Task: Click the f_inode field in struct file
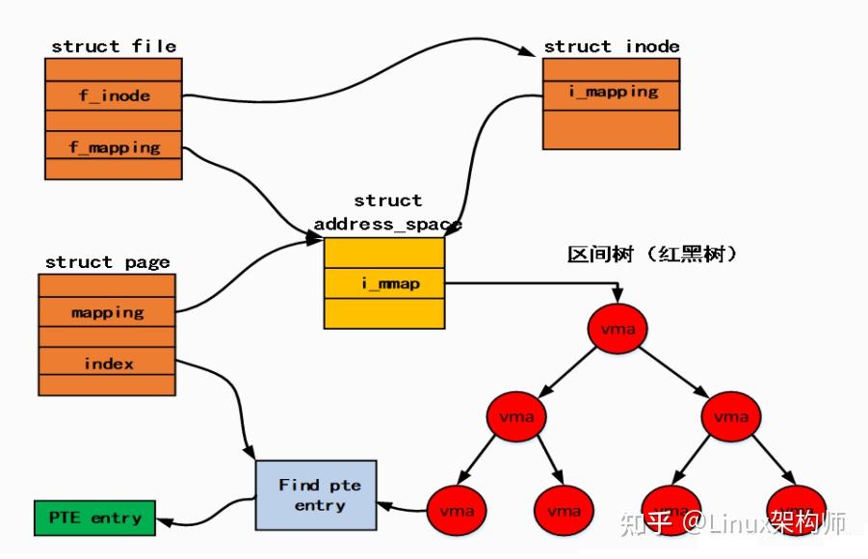click(x=114, y=95)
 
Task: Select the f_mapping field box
click(x=114, y=146)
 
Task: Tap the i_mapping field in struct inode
click(x=611, y=93)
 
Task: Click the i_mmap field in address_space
click(x=384, y=283)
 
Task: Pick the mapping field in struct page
click(x=107, y=311)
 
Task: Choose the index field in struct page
click(x=107, y=362)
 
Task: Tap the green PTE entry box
click(x=94, y=518)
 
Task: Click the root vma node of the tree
click(x=618, y=329)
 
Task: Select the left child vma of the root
click(x=516, y=417)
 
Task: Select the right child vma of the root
click(x=729, y=417)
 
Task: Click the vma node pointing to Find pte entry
click(x=457, y=507)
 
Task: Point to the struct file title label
click(x=113, y=46)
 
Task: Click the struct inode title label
click(x=611, y=46)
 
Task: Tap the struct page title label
click(x=107, y=262)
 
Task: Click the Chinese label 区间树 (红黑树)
click(x=652, y=254)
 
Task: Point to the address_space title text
click(x=387, y=224)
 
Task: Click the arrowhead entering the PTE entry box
click(x=164, y=521)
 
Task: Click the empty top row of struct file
click(x=114, y=69)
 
